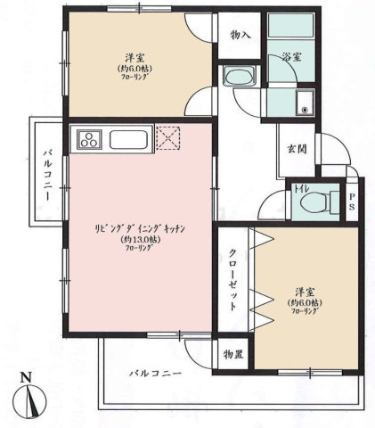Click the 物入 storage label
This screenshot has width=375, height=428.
240,36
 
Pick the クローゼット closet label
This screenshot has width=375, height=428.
233,278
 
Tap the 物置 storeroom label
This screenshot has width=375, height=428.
234,355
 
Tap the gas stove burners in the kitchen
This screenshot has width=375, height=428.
91,139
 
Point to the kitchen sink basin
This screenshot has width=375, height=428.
132,140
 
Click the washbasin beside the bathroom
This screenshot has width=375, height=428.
240,78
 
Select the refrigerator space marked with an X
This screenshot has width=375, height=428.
168,138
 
